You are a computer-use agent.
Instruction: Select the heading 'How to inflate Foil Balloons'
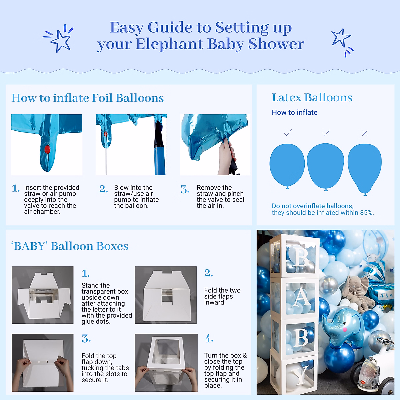(88, 98)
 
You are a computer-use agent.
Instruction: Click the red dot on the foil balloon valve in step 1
(47, 149)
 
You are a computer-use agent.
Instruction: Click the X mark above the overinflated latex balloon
(365, 133)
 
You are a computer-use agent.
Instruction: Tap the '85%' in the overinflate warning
(367, 213)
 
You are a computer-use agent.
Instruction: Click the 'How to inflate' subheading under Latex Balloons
(295, 113)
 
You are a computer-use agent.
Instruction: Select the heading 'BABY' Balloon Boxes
(70, 246)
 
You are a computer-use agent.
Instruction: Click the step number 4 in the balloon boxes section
(209, 339)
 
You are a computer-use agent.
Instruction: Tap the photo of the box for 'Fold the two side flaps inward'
(166, 295)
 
